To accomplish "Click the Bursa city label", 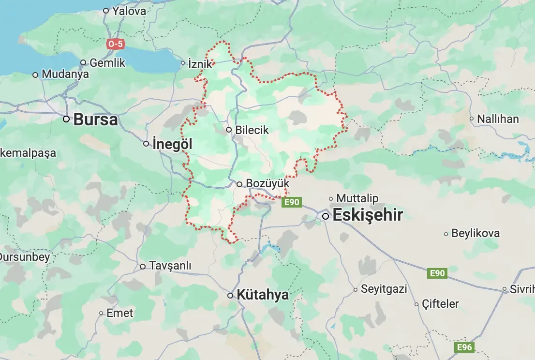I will [95, 120].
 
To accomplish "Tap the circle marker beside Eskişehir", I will [326, 216].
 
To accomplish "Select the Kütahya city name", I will [263, 295].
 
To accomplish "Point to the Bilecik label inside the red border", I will [252, 130].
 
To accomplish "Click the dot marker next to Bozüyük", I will [239, 184].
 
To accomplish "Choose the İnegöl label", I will [172, 144].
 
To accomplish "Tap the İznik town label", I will [200, 63].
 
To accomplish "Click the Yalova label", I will [129, 11].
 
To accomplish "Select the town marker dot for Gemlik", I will [83, 62].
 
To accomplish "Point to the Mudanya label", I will [65, 75].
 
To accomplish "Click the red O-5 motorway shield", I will [115, 44].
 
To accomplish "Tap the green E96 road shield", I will [465, 347].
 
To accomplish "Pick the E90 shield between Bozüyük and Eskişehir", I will [292, 202].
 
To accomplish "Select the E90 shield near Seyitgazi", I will [437, 273].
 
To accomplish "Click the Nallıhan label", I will [498, 119].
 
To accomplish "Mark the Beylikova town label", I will [475, 233].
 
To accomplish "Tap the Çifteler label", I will [440, 304].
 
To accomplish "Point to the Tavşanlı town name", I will [170, 266].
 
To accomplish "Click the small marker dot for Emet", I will [101, 313].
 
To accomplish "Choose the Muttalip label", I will [357, 198].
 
